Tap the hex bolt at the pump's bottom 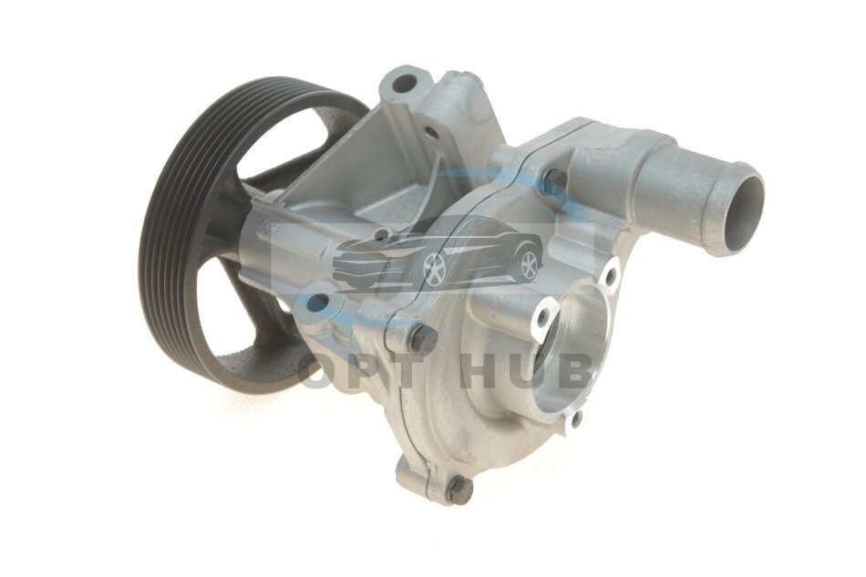pos(459,489)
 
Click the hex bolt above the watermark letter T pos(424,337)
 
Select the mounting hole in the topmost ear pos(404,83)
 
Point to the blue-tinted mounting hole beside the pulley pos(319,302)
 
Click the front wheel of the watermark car pos(434,269)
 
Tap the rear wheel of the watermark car pos(529,264)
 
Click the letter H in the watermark pos(482,372)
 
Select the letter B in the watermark pos(574,371)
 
